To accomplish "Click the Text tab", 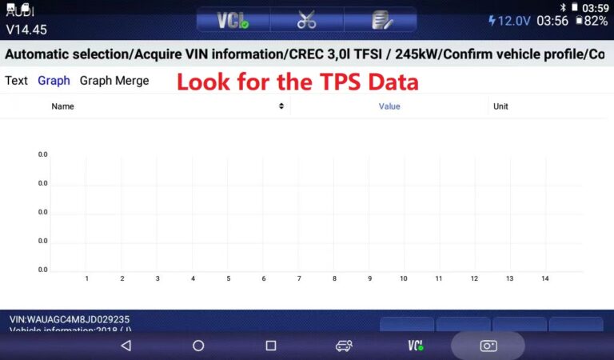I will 16,81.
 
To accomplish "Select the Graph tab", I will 54,81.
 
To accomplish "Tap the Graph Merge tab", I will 114,81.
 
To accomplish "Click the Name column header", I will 63,106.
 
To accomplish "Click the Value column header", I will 389,106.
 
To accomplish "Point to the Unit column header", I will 500,106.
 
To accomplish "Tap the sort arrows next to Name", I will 281,106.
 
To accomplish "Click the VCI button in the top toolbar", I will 233,21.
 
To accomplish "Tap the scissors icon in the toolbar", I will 306,21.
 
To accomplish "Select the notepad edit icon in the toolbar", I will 381,21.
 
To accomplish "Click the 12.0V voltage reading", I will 509,21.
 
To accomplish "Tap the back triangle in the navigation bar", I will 126,346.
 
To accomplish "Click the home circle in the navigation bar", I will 198,346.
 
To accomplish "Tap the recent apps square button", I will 271,346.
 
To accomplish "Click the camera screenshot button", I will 488,346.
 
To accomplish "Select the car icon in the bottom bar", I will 344,346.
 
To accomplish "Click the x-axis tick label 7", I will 299,278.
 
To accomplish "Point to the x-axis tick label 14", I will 544,278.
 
